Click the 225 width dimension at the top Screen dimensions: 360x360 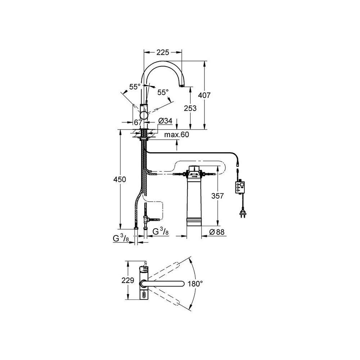(163, 53)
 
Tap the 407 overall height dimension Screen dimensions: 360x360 (204, 95)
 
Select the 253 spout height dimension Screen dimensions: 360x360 (190, 108)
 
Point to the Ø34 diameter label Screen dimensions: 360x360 (165, 121)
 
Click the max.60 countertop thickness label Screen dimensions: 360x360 (176, 135)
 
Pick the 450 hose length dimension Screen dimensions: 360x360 (120, 179)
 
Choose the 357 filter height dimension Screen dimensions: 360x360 (217, 196)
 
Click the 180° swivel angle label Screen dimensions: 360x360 (195, 284)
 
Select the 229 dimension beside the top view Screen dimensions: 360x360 (128, 280)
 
